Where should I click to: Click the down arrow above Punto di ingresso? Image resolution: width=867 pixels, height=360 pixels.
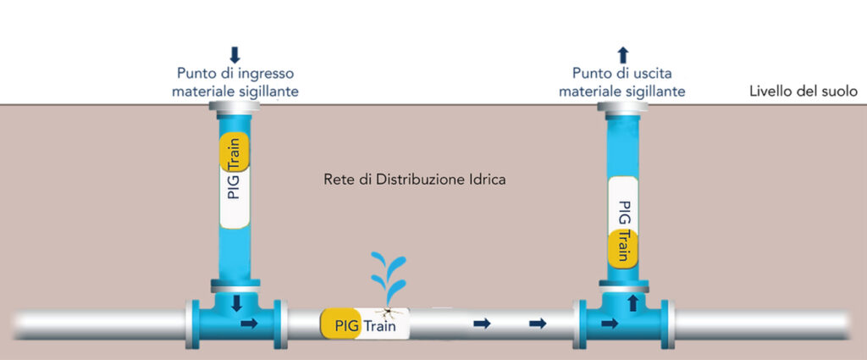[x=235, y=55]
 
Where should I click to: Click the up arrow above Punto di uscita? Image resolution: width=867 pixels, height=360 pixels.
[x=623, y=55]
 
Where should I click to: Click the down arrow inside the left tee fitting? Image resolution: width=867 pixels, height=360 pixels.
[x=236, y=302]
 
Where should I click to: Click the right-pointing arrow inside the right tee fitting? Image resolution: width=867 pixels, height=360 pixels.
[x=609, y=323]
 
